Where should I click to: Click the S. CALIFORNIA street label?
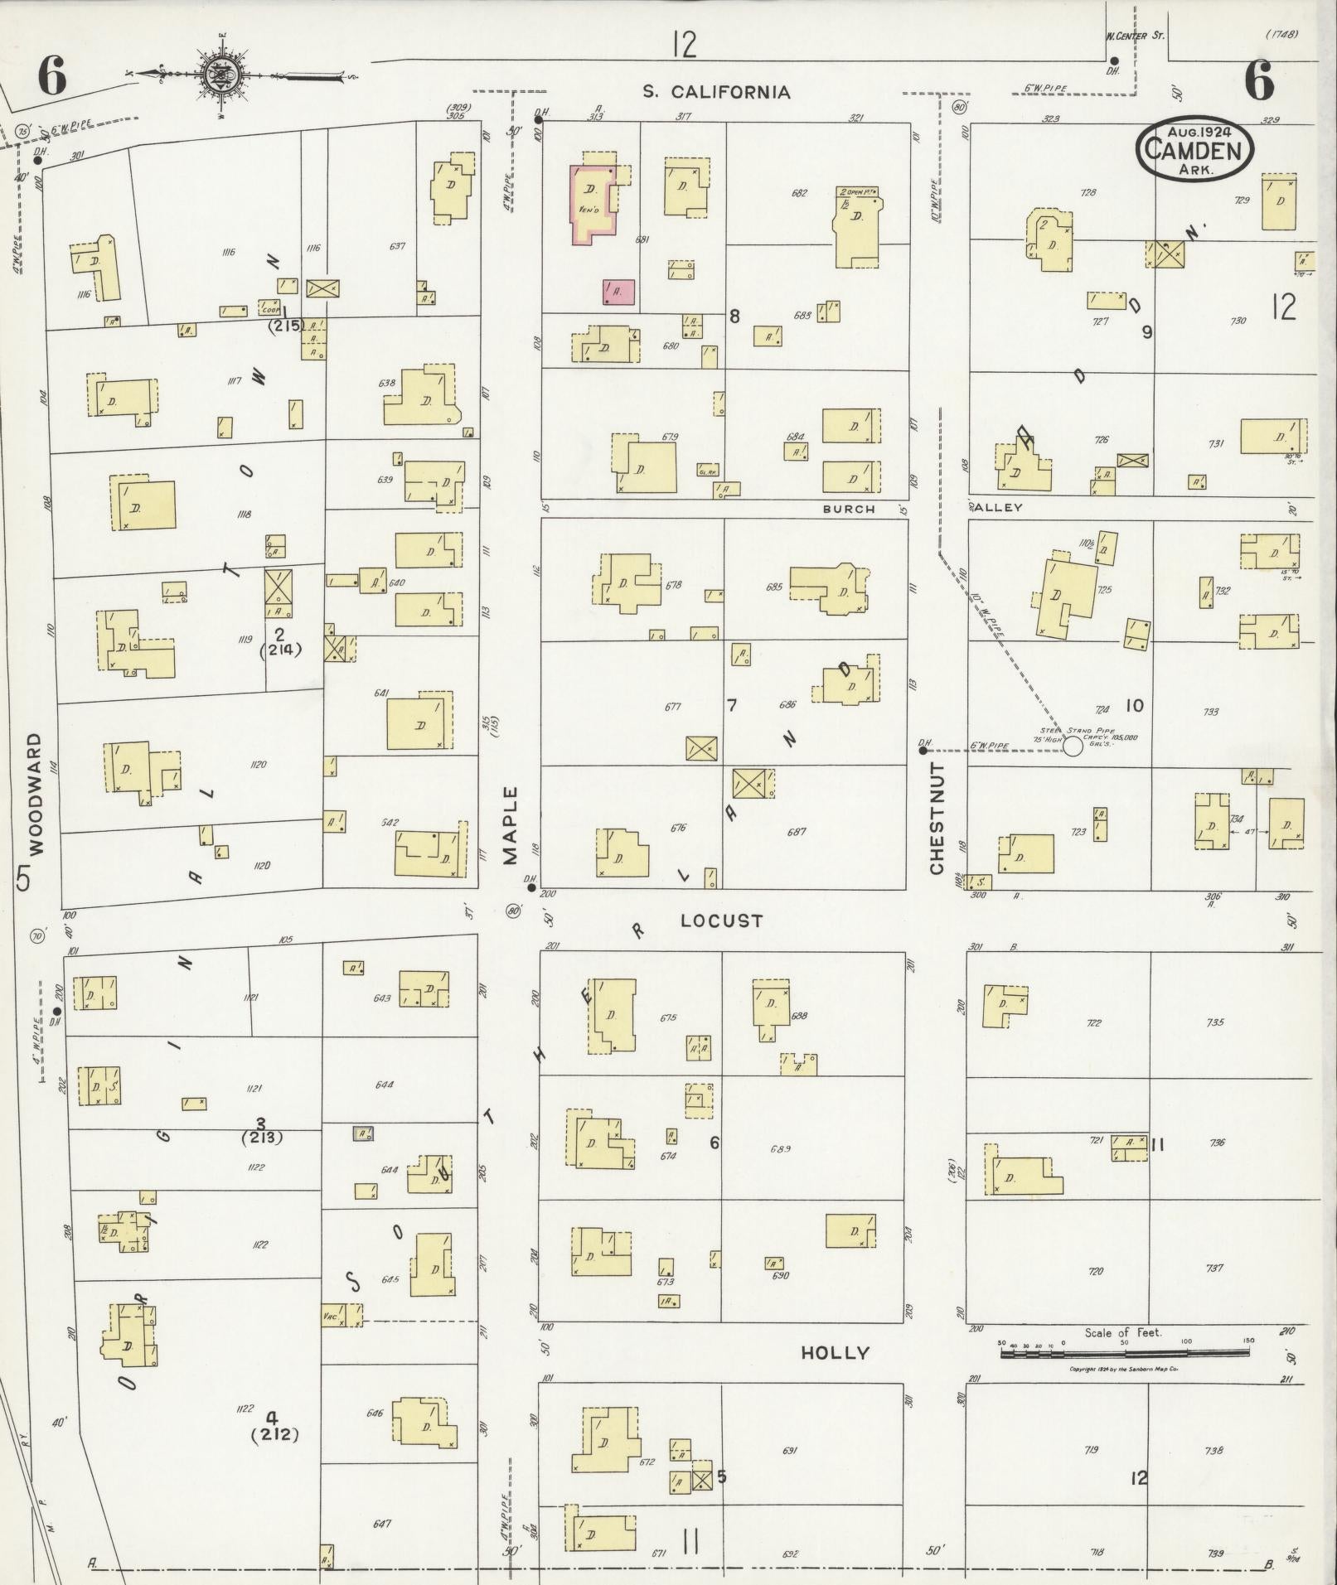pyautogui.click(x=717, y=92)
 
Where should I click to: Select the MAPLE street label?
pyautogui.click(x=509, y=825)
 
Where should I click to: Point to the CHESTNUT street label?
pyautogui.click(x=937, y=819)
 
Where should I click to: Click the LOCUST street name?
pyautogui.click(x=721, y=921)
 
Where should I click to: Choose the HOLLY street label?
pyautogui.click(x=835, y=1352)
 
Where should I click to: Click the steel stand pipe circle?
pyautogui.click(x=1073, y=746)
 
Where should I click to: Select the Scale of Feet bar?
pyautogui.click(x=1124, y=1352)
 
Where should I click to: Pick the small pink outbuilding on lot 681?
pyautogui.click(x=618, y=292)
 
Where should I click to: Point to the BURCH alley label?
pyautogui.click(x=848, y=509)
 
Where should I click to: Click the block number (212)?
pyautogui.click(x=274, y=1434)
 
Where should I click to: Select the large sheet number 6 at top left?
pyautogui.click(x=51, y=79)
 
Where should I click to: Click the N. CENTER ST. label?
pyautogui.click(x=1134, y=36)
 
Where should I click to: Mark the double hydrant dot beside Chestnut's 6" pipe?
pyautogui.click(x=923, y=751)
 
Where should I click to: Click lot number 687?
pyautogui.click(x=798, y=831)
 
